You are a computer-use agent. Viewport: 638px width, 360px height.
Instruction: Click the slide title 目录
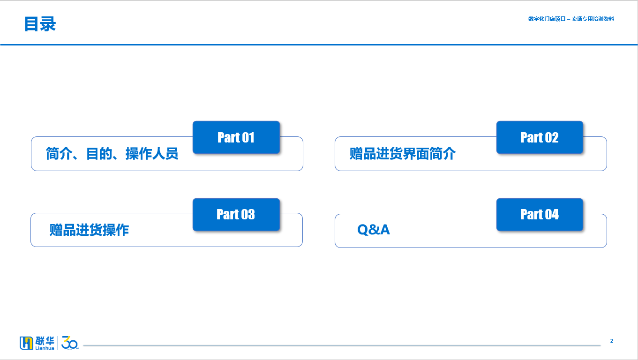(40, 24)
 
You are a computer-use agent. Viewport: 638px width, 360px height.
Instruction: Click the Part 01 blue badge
(236, 137)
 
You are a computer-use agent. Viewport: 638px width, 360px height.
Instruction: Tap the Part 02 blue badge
(540, 137)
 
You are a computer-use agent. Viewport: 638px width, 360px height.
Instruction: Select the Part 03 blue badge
(236, 215)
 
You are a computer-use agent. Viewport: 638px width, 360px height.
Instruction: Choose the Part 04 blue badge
(540, 215)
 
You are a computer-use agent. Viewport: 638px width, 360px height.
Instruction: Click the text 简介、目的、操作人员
(112, 154)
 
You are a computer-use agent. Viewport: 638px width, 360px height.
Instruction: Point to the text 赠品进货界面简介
(403, 154)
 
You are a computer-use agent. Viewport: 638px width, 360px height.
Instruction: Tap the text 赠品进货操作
(89, 230)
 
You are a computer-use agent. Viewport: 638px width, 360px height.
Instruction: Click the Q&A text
(374, 230)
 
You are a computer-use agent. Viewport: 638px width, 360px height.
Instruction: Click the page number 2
(611, 341)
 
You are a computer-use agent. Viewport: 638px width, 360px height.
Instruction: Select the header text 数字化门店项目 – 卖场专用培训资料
(571, 19)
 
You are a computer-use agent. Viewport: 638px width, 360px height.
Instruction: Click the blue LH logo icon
(26, 343)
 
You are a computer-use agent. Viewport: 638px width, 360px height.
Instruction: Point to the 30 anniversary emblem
(70, 343)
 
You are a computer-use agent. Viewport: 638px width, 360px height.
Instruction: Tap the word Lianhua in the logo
(45, 348)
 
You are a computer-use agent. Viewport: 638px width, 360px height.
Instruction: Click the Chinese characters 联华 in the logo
(45, 341)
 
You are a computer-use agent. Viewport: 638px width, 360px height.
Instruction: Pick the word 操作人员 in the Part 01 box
(152, 154)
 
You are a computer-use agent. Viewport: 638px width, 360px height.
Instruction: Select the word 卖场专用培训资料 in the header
(593, 19)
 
